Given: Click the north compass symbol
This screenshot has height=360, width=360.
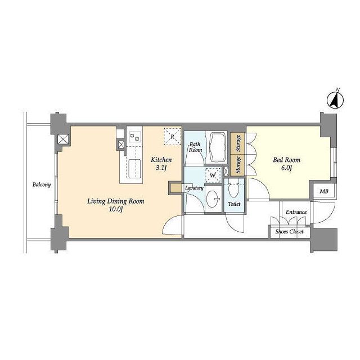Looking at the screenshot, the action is (x=335, y=100).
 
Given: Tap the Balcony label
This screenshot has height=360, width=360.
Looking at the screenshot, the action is (x=42, y=184).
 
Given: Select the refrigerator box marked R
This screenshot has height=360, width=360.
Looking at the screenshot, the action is (x=172, y=137).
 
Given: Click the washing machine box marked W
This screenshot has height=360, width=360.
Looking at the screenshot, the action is (x=213, y=175).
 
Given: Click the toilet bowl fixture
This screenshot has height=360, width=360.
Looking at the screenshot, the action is (x=234, y=188).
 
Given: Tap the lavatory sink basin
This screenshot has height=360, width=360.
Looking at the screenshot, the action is (x=213, y=199).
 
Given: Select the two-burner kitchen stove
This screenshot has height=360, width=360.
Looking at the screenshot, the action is (x=134, y=137).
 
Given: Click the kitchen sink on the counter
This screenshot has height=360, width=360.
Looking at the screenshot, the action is (x=134, y=169).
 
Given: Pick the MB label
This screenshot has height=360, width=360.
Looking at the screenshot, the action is (x=324, y=191).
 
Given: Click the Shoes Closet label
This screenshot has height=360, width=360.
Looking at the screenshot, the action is (x=289, y=232).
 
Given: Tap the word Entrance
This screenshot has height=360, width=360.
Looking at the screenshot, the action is (x=296, y=212).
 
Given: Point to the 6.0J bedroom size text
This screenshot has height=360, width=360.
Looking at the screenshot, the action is (x=286, y=168).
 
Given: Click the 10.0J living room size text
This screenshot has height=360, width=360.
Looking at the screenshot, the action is (x=116, y=209).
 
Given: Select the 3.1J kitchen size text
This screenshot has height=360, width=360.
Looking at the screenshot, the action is (x=161, y=168).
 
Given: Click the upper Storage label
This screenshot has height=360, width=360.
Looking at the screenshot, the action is (x=238, y=143).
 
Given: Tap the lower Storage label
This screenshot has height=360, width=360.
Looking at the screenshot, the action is (x=238, y=165).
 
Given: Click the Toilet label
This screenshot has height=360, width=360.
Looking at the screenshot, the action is (x=234, y=204).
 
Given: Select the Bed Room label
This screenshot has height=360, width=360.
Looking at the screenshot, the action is (x=286, y=160).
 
